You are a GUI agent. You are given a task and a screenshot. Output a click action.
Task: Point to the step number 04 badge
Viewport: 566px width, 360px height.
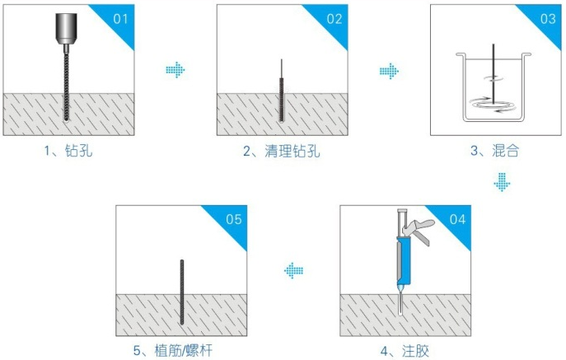[x=456, y=218]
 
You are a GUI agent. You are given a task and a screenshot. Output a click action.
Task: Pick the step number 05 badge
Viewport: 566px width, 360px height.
[x=232, y=218]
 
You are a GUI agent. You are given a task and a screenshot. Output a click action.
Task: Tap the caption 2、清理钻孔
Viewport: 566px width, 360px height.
[x=281, y=151]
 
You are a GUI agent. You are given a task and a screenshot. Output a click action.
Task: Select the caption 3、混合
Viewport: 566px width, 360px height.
[x=494, y=151]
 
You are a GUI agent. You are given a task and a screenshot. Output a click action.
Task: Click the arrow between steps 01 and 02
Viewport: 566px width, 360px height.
[x=175, y=71]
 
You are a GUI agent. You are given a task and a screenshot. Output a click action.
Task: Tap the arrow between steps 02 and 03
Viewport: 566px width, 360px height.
[x=388, y=72]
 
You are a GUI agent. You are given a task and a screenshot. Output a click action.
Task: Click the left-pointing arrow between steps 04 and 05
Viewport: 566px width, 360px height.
[x=293, y=270]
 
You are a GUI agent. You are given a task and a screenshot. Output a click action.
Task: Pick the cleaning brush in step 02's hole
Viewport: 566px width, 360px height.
[x=282, y=95]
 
